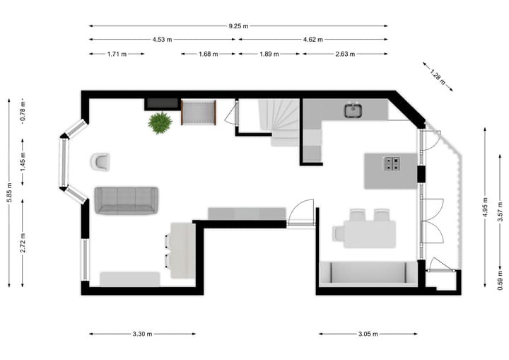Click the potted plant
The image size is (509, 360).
[x=160, y=122]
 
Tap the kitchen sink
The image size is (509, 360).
[x=353, y=110]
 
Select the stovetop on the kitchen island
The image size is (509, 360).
[x=392, y=164]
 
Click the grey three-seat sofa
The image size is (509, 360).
[x=127, y=200]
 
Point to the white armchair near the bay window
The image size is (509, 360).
[x=100, y=161]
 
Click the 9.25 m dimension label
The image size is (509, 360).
[x=238, y=26]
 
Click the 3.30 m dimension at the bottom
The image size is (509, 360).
[x=143, y=334]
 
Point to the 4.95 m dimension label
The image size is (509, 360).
[x=486, y=207]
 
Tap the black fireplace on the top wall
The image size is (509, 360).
[x=162, y=104]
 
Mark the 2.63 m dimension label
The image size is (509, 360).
[x=345, y=54]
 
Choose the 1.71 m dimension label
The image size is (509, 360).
[x=117, y=54]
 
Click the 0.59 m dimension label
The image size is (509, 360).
[x=501, y=281]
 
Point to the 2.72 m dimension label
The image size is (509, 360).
[x=23, y=243]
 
